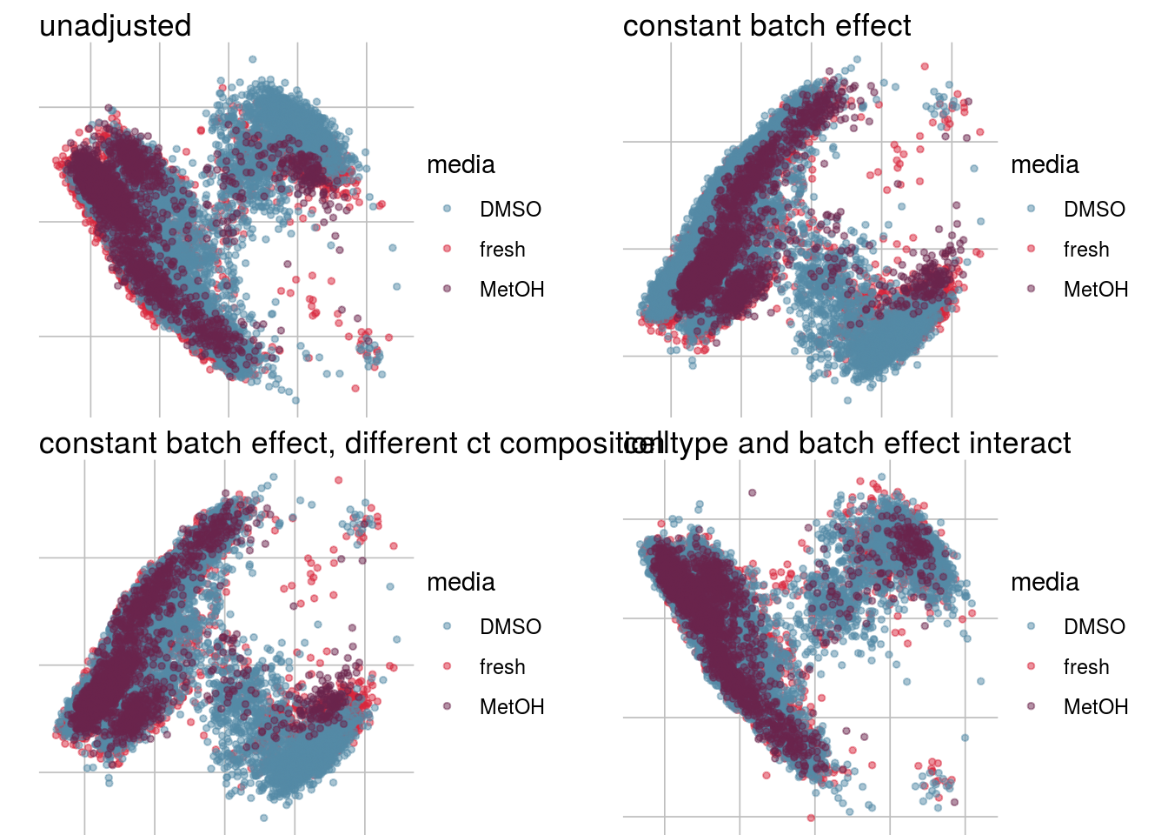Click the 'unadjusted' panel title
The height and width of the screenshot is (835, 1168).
point(115,26)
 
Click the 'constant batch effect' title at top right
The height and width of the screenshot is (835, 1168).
point(766,26)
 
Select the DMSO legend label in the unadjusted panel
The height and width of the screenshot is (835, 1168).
point(510,210)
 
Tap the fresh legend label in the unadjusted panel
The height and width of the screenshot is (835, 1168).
point(502,250)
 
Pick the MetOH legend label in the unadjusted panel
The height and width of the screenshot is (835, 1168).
point(512,290)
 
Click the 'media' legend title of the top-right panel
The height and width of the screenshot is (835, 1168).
point(1045,165)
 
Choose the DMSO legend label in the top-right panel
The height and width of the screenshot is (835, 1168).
point(1094,210)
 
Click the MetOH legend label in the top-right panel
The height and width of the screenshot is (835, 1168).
point(1096,290)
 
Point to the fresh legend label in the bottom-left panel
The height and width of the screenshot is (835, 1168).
point(502,667)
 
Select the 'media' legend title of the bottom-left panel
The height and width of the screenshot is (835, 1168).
point(461,583)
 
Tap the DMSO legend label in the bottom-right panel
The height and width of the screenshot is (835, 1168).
point(1094,627)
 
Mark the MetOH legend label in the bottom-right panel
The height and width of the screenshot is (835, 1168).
point(1096,707)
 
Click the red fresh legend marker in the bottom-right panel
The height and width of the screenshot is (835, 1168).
point(1031,666)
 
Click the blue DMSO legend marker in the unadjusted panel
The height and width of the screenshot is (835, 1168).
point(447,209)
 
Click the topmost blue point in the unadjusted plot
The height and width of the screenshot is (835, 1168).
point(253,59)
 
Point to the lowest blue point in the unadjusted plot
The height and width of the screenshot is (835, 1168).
point(295,401)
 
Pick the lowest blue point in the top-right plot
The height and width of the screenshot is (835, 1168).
point(847,401)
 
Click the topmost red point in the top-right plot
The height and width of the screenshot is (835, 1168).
point(925,66)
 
